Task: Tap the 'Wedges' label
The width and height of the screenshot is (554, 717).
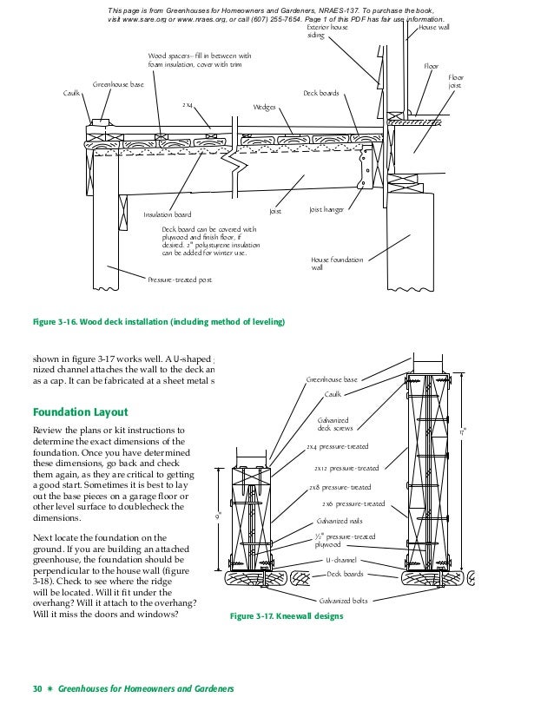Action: pyautogui.click(x=264, y=107)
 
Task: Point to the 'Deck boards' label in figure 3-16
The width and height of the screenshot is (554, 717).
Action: pyautogui.click(x=320, y=93)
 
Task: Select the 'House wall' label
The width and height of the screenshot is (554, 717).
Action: pyautogui.click(x=434, y=28)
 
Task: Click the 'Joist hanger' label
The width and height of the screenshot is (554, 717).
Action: pyautogui.click(x=326, y=210)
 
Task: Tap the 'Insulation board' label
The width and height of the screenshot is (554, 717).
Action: pyautogui.click(x=168, y=214)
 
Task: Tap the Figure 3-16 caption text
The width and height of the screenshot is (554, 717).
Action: pyautogui.click(x=158, y=322)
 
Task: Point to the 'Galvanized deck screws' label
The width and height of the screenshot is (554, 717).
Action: pyautogui.click(x=334, y=424)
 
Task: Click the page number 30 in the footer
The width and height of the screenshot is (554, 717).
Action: pyautogui.click(x=37, y=689)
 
